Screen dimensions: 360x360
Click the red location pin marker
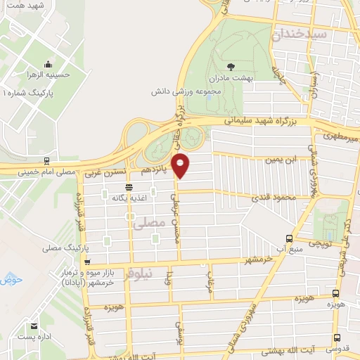click(x=181, y=165)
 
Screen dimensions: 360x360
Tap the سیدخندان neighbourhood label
click(x=301, y=33)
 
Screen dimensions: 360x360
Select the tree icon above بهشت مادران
click(x=231, y=67)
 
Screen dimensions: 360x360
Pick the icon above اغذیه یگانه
click(x=129, y=187)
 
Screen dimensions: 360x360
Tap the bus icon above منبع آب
click(x=290, y=238)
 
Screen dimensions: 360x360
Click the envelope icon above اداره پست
click(x=34, y=326)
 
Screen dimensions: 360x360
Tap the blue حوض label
click(x=13, y=280)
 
